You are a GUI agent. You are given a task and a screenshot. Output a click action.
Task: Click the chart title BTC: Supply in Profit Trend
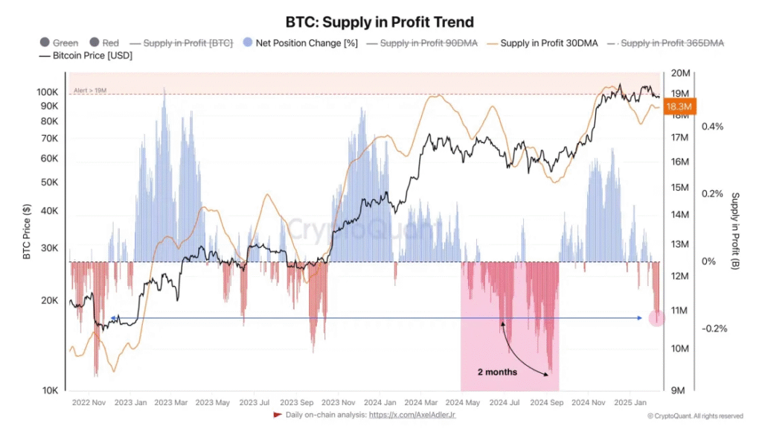(380, 22)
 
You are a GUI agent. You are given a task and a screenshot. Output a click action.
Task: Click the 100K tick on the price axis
(47, 92)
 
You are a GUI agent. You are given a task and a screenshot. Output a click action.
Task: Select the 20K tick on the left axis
(49, 300)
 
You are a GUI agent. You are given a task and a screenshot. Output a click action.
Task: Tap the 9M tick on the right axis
(681, 390)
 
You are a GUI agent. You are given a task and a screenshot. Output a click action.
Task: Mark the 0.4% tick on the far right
(713, 126)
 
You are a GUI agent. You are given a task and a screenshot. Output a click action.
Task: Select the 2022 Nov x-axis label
(89, 403)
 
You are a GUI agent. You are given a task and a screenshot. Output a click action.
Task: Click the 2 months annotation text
(497, 371)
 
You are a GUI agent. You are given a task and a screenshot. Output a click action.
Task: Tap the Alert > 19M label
(90, 91)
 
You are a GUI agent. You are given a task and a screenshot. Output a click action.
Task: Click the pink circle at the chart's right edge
(656, 318)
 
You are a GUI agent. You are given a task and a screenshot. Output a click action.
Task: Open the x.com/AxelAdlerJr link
(413, 414)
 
